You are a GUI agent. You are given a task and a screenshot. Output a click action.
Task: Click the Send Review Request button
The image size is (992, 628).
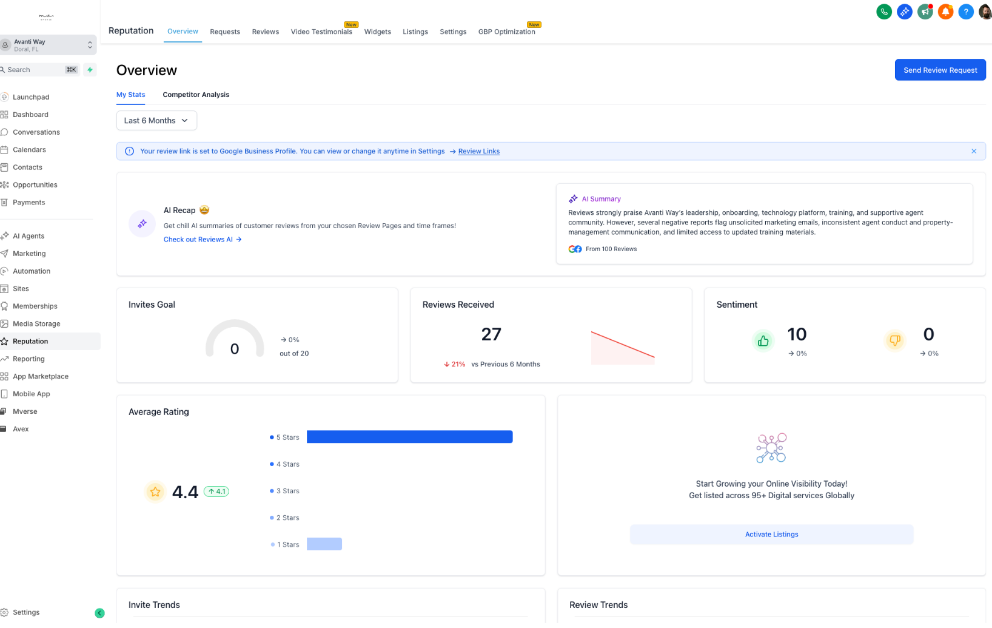(940, 70)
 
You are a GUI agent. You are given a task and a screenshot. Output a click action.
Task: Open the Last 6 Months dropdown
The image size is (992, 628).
(156, 121)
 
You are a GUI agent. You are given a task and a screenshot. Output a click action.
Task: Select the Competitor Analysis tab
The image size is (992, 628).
(196, 95)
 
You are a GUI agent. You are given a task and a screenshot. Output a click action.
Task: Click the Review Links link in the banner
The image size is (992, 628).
(479, 151)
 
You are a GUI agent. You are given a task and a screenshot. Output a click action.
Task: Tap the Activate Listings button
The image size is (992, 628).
(771, 534)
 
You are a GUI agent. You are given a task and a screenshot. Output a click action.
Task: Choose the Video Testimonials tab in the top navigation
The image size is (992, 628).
(321, 32)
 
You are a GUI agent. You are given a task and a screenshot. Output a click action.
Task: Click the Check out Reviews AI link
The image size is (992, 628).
(203, 239)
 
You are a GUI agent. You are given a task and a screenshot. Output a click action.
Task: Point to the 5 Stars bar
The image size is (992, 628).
(410, 437)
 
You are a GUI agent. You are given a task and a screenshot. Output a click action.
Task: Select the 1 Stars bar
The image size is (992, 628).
(324, 544)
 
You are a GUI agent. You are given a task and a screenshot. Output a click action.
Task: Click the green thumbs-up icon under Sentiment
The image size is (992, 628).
(763, 341)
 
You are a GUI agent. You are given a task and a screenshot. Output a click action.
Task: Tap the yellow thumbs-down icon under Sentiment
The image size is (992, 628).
(894, 341)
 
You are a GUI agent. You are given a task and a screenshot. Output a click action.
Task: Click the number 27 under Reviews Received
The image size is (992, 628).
(491, 334)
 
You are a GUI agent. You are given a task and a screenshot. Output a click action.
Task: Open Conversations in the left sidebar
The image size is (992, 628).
(36, 132)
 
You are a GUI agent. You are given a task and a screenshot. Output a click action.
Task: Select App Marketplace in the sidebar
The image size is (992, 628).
(40, 376)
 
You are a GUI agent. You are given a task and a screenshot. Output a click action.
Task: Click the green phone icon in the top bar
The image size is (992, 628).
(883, 12)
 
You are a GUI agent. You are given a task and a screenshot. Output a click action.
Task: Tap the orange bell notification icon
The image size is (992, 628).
(945, 12)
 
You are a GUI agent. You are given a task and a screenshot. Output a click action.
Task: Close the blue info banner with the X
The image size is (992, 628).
(973, 151)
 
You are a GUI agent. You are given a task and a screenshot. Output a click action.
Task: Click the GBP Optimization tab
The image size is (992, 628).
(506, 32)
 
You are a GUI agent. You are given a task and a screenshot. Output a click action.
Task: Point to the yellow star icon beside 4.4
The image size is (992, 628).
(155, 491)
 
